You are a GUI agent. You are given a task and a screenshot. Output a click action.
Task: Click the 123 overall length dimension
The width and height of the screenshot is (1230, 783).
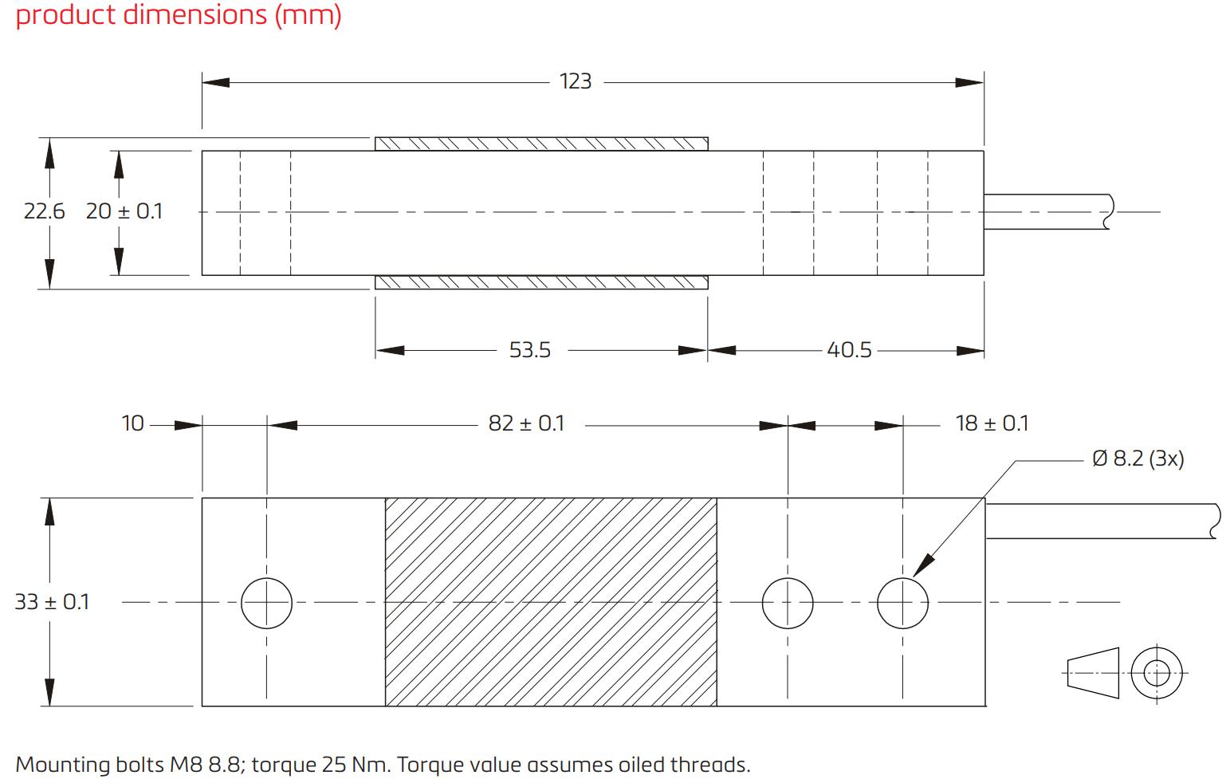[x=576, y=81]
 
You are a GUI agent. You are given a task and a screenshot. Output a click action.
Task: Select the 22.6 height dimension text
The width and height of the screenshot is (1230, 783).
[x=44, y=211]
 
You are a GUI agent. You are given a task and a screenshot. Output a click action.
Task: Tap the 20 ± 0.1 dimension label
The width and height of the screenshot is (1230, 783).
[x=124, y=211]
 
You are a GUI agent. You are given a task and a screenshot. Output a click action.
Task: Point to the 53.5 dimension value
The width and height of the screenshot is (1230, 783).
[x=530, y=350]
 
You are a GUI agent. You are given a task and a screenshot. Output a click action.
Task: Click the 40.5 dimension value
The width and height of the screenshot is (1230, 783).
[x=849, y=350]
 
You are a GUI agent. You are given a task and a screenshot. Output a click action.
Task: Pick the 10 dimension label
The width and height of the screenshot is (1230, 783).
[x=132, y=423]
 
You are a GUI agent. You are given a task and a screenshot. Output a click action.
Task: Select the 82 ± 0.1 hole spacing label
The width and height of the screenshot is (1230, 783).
[x=526, y=423]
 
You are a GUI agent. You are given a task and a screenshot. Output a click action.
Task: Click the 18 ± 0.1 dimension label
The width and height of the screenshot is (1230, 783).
[x=992, y=423]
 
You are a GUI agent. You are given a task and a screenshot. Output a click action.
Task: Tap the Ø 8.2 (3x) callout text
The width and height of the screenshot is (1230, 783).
[x=1138, y=458]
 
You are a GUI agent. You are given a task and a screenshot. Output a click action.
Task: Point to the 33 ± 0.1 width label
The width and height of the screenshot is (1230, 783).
[x=52, y=602]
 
